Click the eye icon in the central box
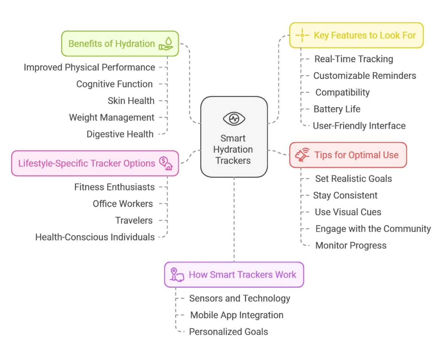[x=234, y=119]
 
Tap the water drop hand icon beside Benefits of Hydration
[x=166, y=44]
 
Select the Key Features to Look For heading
[x=365, y=35]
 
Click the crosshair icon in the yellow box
[x=302, y=35]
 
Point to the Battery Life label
[x=337, y=109]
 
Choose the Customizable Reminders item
[x=364, y=76]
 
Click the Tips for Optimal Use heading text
[x=356, y=155]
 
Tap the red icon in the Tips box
[x=302, y=155]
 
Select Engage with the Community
[x=373, y=229]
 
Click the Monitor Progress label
[x=351, y=246]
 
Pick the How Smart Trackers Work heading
[x=242, y=275]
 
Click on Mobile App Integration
[x=237, y=315]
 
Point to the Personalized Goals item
[x=229, y=332]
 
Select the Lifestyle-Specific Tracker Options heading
[x=87, y=163]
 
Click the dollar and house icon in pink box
[x=166, y=163]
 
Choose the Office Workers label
[x=123, y=204]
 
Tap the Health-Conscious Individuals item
[x=95, y=237]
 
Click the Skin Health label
[x=131, y=101]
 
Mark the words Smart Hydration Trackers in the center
[x=233, y=149]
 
